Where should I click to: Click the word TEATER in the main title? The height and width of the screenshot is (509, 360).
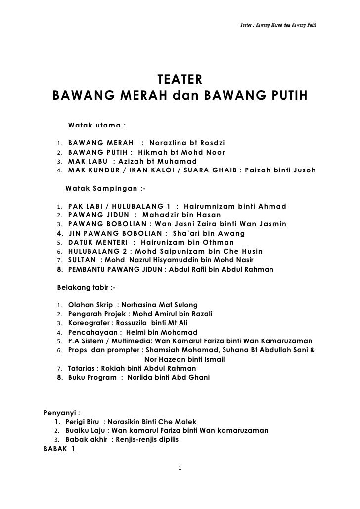click(x=180, y=80)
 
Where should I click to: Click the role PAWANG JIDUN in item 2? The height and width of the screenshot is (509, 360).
click(x=96, y=215)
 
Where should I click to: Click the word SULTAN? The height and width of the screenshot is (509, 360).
click(x=82, y=260)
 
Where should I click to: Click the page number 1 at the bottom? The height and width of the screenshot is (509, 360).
click(x=180, y=468)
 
